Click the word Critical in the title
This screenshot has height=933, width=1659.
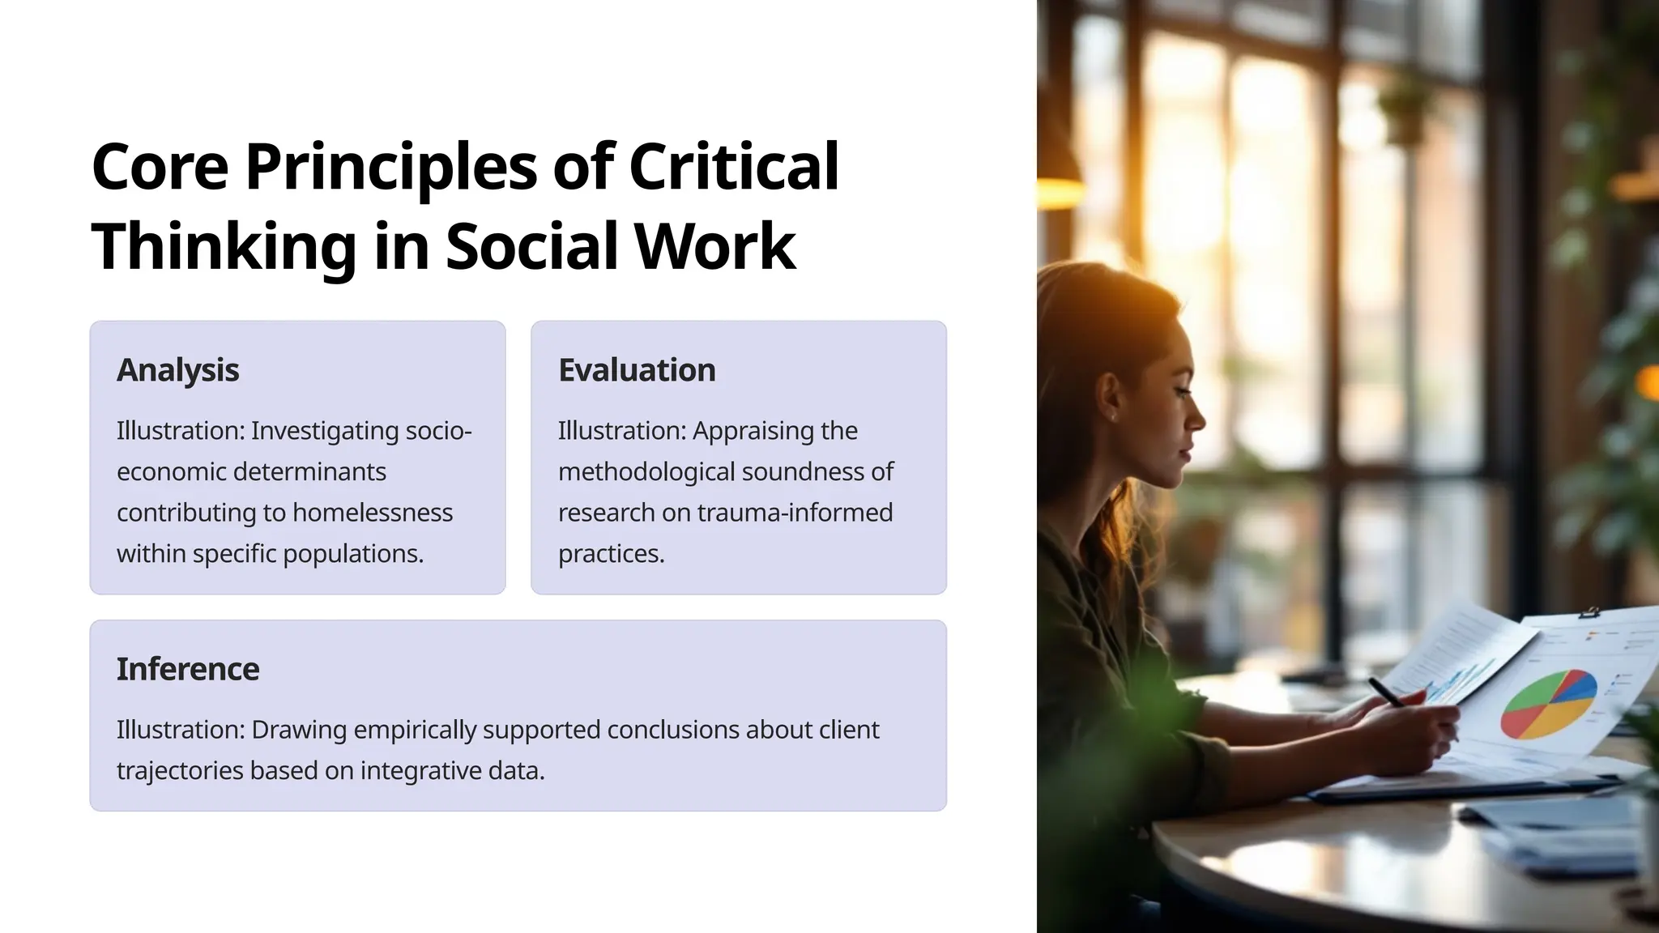733,166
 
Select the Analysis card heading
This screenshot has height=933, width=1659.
177,370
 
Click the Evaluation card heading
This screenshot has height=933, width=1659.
637,370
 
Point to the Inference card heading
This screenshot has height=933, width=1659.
188,669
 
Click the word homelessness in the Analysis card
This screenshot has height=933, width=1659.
372,513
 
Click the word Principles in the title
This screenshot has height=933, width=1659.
390,166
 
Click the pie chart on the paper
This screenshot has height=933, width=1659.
1548,703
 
